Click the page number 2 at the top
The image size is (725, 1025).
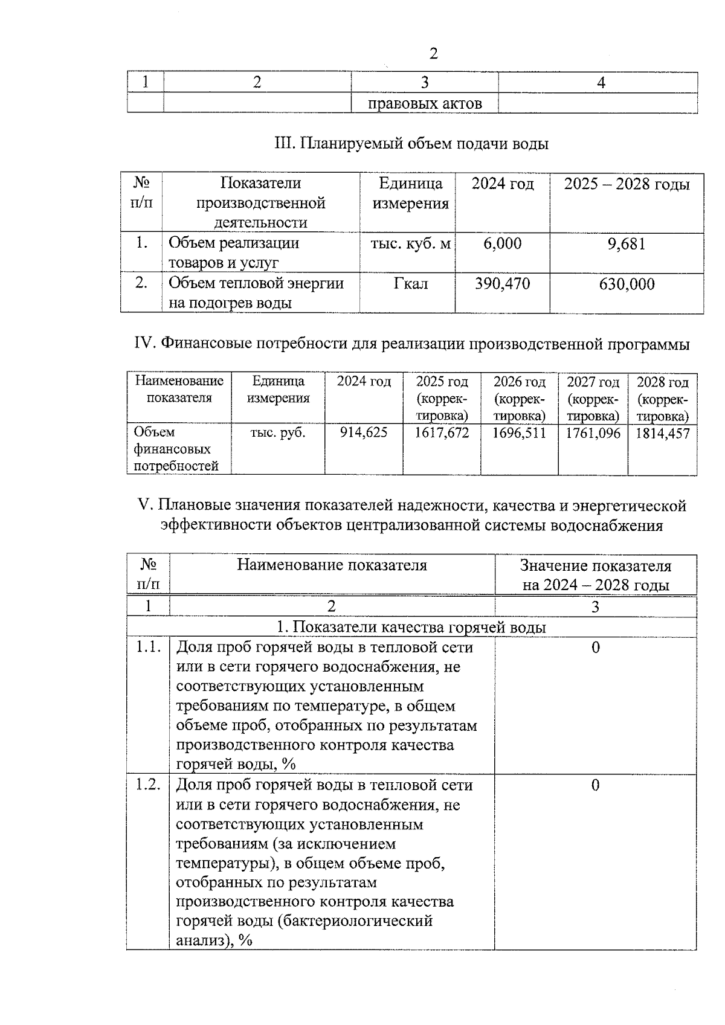point(433,54)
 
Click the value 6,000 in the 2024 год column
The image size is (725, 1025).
point(502,243)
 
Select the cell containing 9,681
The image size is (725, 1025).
point(627,243)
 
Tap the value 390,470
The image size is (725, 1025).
point(502,283)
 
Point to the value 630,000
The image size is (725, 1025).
point(627,284)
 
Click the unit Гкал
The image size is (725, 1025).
point(411,283)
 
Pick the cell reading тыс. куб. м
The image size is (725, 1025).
point(411,243)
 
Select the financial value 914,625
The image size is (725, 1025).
point(363,432)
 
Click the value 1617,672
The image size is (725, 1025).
point(442,432)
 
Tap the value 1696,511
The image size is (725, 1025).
point(519,432)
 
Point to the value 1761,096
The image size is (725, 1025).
point(593,433)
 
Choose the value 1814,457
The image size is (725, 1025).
point(663,433)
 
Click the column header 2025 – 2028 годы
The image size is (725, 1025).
point(627,184)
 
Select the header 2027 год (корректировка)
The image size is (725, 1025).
point(593,399)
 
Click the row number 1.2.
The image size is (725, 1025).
point(148,785)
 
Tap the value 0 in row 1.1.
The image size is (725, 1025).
point(595,647)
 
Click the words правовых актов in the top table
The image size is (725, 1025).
point(425,103)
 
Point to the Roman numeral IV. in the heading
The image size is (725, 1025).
point(145,344)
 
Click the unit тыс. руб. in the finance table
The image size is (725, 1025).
point(278,432)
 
